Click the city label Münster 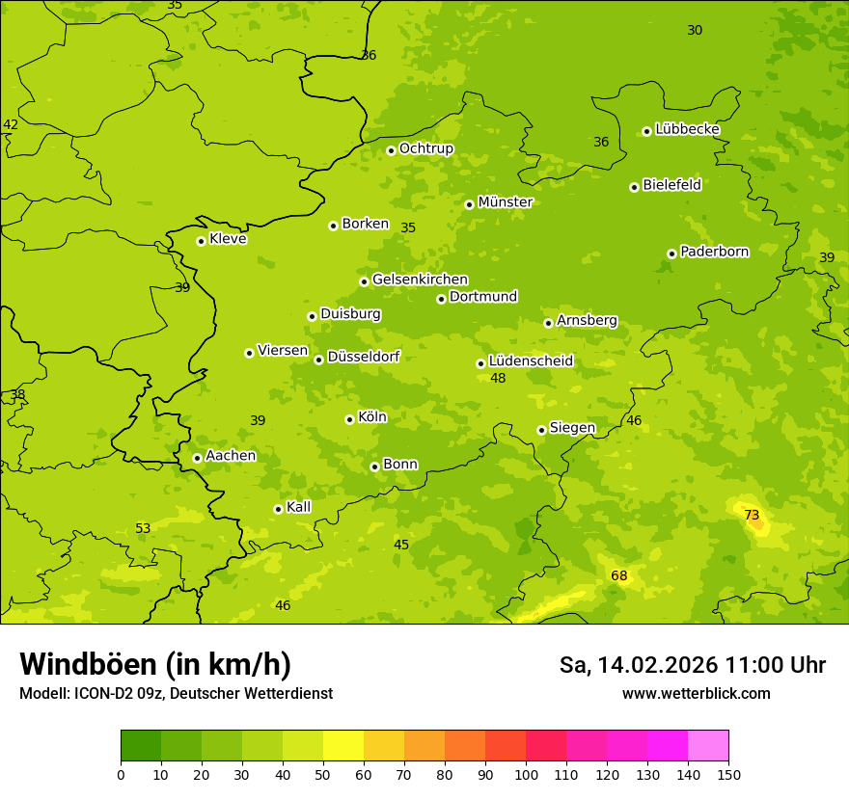[x=506, y=202]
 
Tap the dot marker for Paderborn [x=672, y=253]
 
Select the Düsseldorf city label [x=364, y=357]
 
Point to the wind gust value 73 [x=752, y=516]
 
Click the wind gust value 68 [x=619, y=576]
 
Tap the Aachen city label [x=231, y=456]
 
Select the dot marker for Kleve [x=201, y=241]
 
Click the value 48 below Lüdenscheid [x=498, y=379]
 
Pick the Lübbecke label [x=687, y=129]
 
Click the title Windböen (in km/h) [x=155, y=665]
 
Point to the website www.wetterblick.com [x=697, y=693]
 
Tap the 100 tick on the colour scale [x=526, y=774]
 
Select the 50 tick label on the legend [x=323, y=774]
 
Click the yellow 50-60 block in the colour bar [x=343, y=746]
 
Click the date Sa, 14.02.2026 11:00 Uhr [x=693, y=665]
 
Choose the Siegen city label [x=572, y=428]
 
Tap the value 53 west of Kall [x=143, y=528]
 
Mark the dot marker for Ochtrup [x=391, y=150]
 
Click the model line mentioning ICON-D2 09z [x=176, y=693]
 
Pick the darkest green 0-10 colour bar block [x=141, y=746]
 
